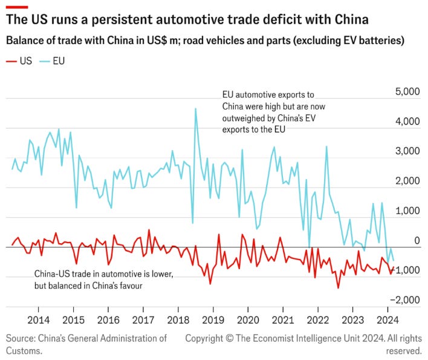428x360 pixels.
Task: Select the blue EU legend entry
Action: pos(54,61)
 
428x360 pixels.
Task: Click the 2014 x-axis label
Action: pos(39,320)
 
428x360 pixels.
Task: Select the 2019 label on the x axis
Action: pos(213,320)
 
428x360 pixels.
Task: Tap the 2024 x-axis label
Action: pos(386,320)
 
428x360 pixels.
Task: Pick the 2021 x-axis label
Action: pos(282,320)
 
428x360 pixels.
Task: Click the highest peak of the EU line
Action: pos(195,109)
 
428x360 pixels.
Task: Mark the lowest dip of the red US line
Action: pos(338,287)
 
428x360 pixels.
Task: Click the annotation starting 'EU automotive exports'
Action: pos(268,112)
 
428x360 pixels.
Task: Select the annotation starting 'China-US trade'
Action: pos(103,280)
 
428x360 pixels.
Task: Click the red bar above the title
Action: pos(17,7)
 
